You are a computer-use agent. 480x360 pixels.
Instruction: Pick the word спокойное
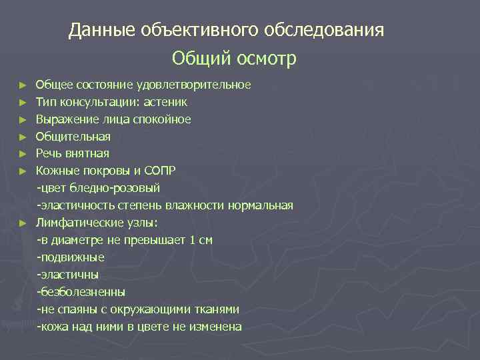(161, 120)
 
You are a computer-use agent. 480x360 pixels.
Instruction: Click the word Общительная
(73, 137)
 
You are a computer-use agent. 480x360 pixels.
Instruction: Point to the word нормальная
(260, 205)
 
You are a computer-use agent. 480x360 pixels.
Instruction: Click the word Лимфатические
(78, 223)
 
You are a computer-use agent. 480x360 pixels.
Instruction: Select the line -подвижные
(71, 257)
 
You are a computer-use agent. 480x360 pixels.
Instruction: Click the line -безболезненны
(81, 292)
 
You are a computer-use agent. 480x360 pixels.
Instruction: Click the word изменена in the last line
(216, 327)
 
